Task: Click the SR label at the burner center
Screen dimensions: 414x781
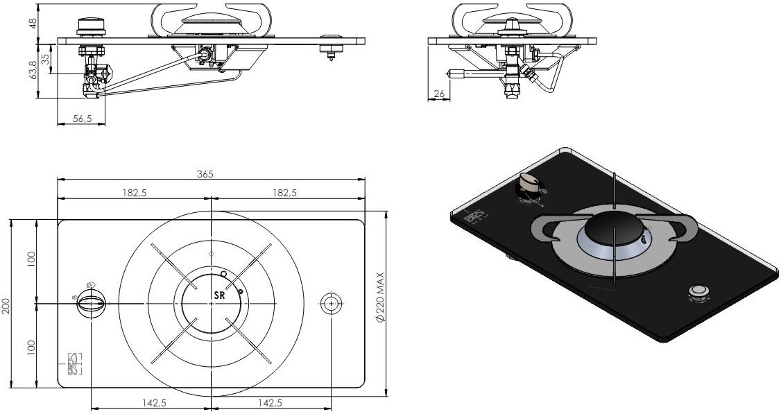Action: (219, 295)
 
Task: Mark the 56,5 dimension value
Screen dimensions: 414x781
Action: (83, 119)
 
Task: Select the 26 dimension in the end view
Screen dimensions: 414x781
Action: (438, 94)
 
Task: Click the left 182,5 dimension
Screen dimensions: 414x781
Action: (134, 193)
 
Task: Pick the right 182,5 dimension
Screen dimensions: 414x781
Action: (284, 193)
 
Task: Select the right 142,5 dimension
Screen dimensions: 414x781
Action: (270, 403)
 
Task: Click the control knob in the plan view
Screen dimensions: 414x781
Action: (92, 304)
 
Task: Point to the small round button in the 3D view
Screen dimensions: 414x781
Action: (698, 291)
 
